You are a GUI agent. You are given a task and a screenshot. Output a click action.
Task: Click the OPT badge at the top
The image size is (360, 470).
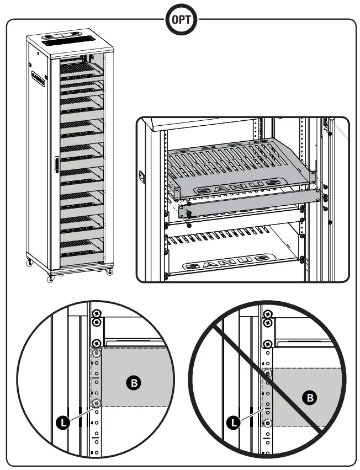180,19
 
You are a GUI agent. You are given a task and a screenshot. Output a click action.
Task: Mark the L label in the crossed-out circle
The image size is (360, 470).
235,423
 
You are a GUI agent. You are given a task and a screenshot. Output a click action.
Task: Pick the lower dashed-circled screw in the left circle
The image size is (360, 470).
97,403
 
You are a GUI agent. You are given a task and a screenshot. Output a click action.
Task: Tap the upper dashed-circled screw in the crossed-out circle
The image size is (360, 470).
268,374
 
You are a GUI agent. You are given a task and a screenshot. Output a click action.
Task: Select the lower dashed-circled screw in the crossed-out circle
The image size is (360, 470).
268,423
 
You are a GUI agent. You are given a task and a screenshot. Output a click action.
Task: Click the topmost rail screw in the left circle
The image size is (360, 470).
97,313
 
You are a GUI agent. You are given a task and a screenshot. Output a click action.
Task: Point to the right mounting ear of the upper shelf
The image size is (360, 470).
312,178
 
